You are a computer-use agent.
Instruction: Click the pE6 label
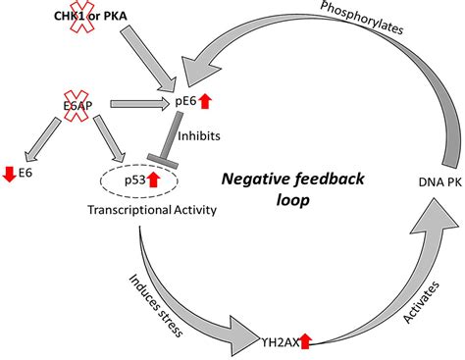coord(186,100)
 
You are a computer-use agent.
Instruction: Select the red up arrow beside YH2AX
coord(305,340)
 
